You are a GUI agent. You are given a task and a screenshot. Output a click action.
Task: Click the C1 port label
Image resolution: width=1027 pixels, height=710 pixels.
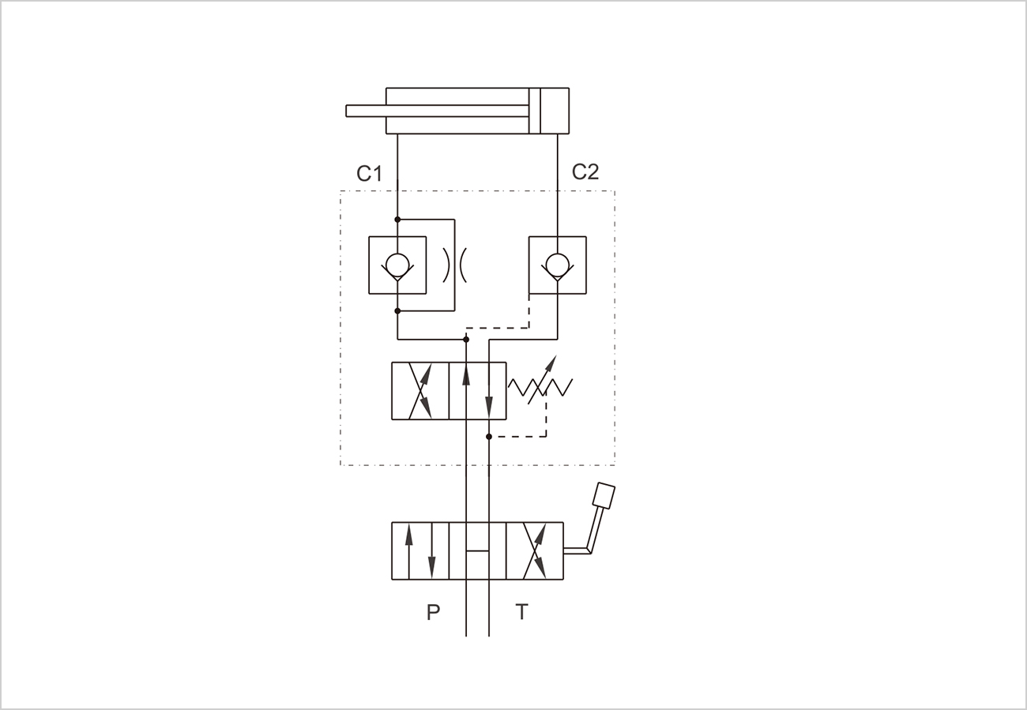click(369, 174)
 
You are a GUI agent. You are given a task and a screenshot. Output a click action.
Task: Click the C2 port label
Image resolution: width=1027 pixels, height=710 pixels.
click(585, 172)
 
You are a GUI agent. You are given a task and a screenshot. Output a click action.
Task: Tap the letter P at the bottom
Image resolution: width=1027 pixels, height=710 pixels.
click(433, 612)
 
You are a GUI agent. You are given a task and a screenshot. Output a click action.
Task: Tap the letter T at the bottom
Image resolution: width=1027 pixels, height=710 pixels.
click(521, 612)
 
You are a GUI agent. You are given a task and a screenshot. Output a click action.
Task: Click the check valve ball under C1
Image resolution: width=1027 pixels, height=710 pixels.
click(397, 265)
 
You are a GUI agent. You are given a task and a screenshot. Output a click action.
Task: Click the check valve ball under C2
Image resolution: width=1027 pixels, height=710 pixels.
click(558, 265)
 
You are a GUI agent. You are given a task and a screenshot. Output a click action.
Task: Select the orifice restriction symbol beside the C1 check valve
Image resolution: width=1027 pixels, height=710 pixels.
click(454, 265)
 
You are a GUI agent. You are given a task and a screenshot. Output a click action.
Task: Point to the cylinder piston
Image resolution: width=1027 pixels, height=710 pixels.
click(535, 111)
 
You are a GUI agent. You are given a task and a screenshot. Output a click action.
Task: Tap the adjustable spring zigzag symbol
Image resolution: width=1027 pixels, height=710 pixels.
click(540, 387)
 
